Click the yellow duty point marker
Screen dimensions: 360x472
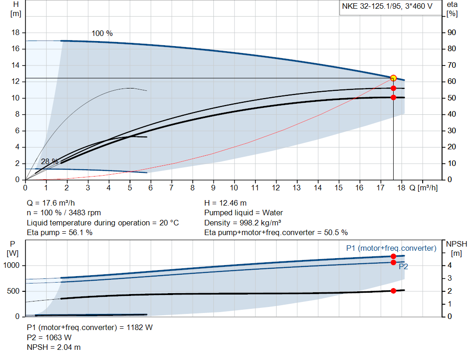coord(393,78)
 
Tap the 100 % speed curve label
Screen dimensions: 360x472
coord(102,34)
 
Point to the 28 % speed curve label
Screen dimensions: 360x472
coord(49,162)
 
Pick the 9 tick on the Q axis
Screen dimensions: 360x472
coord(213,188)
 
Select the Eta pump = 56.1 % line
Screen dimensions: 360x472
coord(59,233)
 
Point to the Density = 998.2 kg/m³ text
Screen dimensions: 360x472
coord(243,223)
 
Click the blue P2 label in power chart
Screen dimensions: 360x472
coord(403,266)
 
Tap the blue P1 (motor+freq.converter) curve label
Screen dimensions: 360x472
coord(391,248)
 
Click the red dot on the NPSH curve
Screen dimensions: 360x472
coord(393,290)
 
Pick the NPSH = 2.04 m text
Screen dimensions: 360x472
coord(53,347)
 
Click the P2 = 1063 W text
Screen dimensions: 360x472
coord(49,337)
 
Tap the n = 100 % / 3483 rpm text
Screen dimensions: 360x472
coord(64,213)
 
